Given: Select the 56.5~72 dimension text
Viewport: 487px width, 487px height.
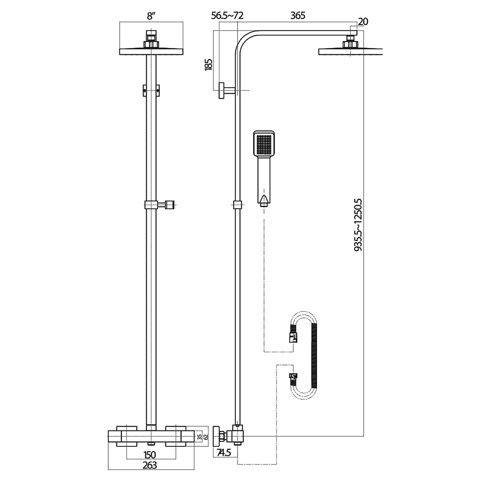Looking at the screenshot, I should tap(227, 16).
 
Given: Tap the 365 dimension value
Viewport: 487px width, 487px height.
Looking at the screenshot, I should tap(298, 16).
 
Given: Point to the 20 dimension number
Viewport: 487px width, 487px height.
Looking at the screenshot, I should tap(363, 21).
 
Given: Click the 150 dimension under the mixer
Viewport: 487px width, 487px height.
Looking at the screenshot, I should tap(150, 455).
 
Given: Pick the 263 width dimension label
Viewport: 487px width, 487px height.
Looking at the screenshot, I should tap(149, 465).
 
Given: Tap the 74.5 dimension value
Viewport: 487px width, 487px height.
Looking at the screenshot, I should tap(224, 453).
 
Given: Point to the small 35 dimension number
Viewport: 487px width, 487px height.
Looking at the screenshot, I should tap(199, 437).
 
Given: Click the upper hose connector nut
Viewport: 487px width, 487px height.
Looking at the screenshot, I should tap(293, 338).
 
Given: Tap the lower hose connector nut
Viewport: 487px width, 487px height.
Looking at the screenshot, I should tap(293, 377).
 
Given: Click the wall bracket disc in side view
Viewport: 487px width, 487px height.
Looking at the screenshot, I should tap(221, 90).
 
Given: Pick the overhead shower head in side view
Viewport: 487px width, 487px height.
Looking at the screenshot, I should tap(349, 51).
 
